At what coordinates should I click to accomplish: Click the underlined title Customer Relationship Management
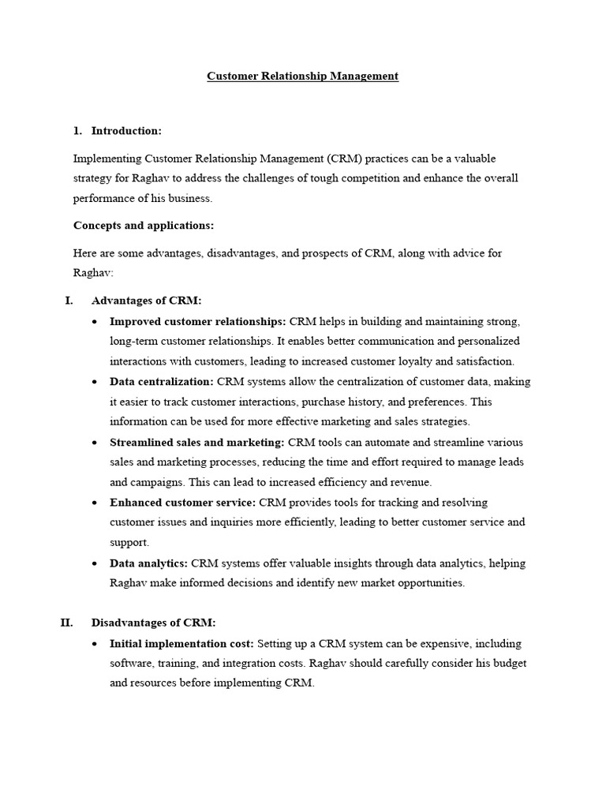coord(302,76)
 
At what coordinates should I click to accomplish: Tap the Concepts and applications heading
coord(144,225)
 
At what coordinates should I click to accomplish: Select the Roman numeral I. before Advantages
coord(69,301)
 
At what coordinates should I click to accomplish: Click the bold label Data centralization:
coord(162,381)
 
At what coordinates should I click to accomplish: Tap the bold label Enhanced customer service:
coord(182,502)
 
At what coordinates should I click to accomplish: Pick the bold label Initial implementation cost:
coord(181,643)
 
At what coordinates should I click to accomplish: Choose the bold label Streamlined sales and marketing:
coord(196,442)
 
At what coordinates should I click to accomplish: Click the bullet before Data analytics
coord(95,563)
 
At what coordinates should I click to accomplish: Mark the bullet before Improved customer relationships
coord(95,321)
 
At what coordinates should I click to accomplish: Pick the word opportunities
coord(428,583)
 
